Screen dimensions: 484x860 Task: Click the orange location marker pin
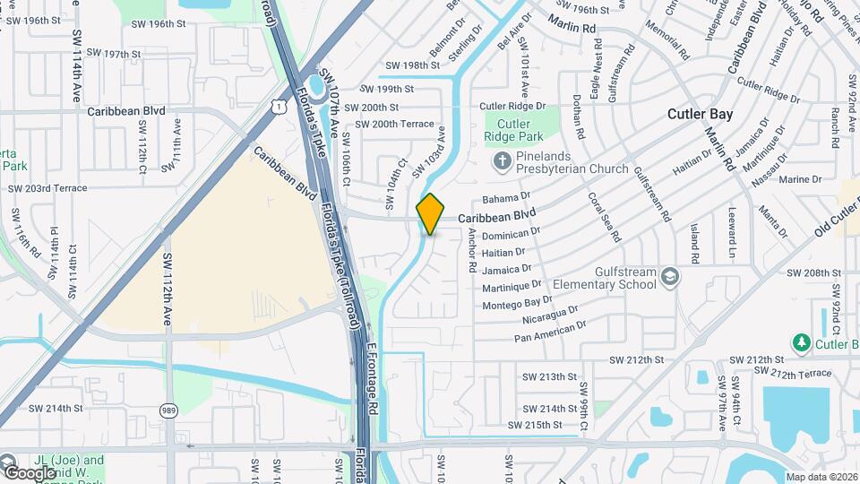tap(430, 213)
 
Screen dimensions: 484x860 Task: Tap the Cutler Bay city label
tap(700, 114)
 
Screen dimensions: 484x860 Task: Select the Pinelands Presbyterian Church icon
tap(501, 160)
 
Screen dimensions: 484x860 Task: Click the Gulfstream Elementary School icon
tap(668, 278)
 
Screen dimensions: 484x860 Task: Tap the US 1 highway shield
tap(280, 107)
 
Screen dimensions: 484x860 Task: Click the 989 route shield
tap(168, 411)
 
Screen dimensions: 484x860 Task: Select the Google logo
tap(30, 472)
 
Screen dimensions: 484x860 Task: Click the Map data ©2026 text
tap(821, 477)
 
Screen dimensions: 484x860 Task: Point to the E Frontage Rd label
tap(374, 370)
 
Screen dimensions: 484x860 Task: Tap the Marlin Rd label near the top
tap(572, 27)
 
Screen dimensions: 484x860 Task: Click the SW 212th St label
tap(636, 359)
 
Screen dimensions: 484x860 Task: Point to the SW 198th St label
tap(412, 65)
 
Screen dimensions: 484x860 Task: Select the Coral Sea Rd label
tap(604, 217)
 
